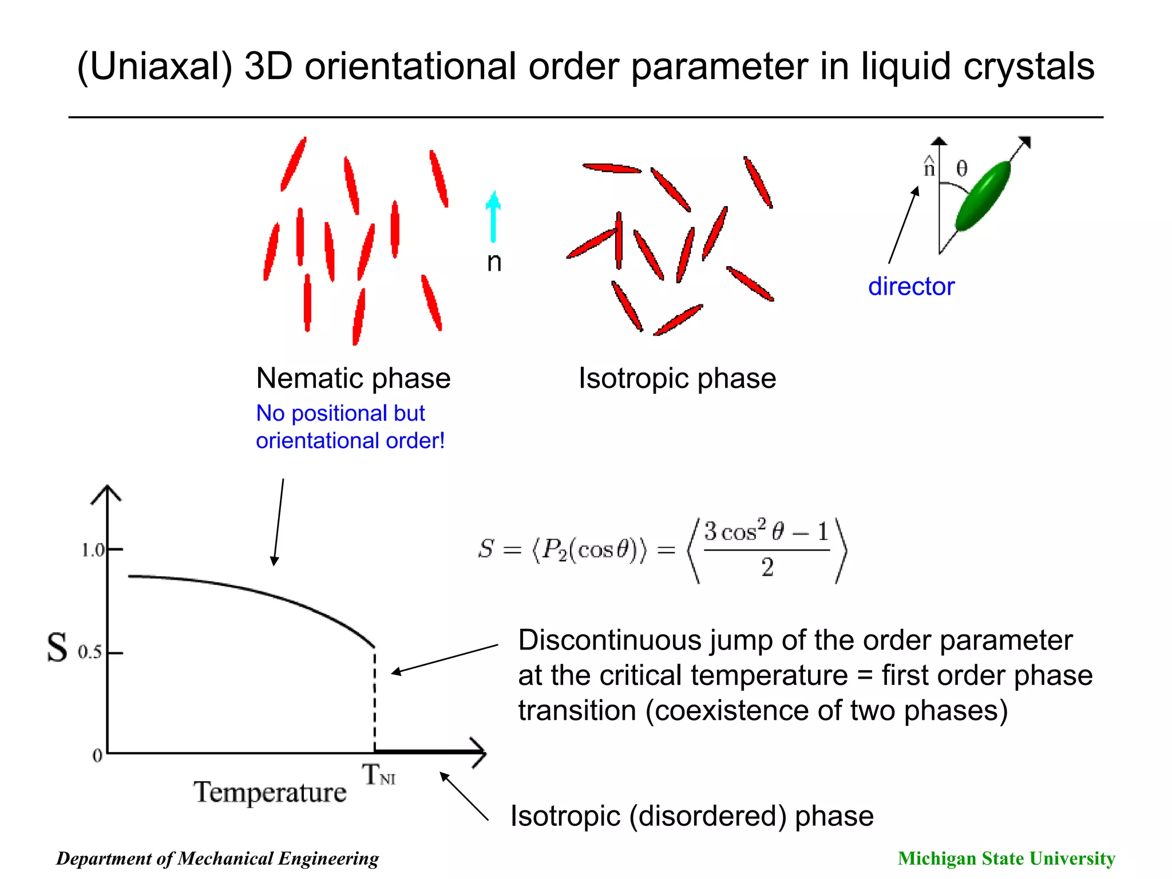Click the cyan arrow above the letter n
(x=493, y=217)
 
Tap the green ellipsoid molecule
(x=983, y=196)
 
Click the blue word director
(x=911, y=286)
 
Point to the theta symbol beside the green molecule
(x=962, y=168)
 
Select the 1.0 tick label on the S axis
(x=93, y=551)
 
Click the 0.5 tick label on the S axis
(x=90, y=652)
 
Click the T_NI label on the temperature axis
(x=378, y=775)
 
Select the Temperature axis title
(x=270, y=793)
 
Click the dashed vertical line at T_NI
(x=375, y=698)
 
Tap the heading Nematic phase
(x=353, y=378)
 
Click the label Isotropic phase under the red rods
(x=677, y=378)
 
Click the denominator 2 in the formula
(x=767, y=568)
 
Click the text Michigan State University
(x=1006, y=858)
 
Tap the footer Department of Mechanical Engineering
(x=217, y=858)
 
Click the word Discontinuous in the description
(x=609, y=640)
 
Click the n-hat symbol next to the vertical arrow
(x=929, y=167)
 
